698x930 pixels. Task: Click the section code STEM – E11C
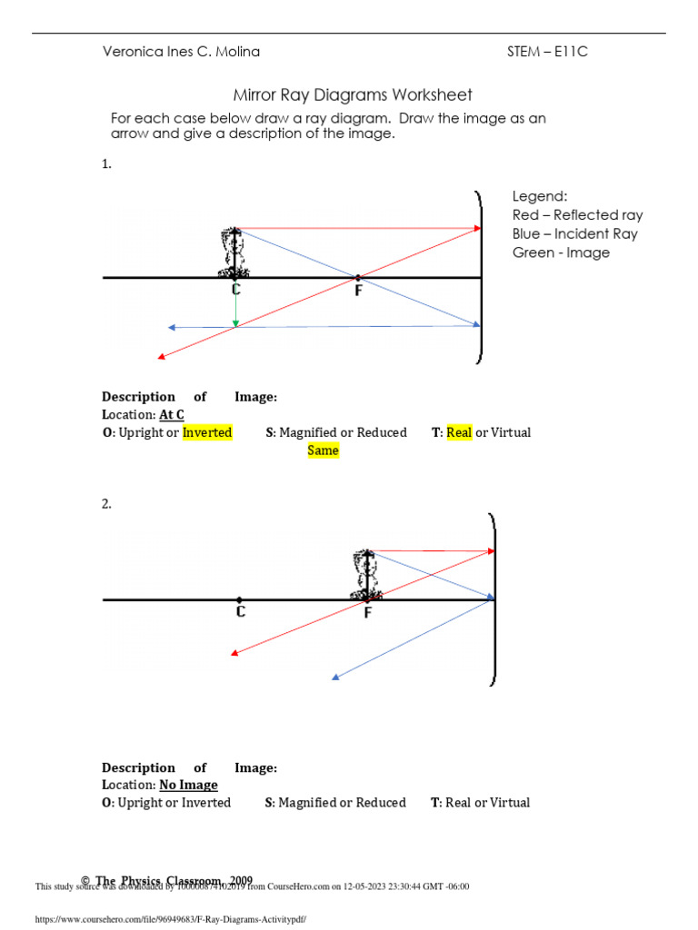coord(547,52)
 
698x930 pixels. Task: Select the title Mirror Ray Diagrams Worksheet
coord(353,95)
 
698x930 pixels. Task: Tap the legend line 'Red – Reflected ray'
coord(577,215)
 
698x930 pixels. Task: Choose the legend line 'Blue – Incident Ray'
coord(574,234)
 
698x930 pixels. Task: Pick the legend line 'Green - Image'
coord(561,252)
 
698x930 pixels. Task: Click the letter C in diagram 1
coord(236,290)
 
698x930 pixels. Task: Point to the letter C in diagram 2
coord(240,612)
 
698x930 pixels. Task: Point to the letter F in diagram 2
coord(368,613)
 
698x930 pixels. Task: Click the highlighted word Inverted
coord(207,433)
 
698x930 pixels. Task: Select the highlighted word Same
coord(323,450)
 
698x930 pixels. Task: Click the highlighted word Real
coord(459,433)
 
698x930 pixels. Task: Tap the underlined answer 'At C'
coord(172,415)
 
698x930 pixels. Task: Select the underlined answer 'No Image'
coord(189,785)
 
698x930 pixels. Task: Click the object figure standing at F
coord(365,574)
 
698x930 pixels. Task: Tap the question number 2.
coord(106,504)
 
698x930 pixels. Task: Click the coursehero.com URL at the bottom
coord(171,919)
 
